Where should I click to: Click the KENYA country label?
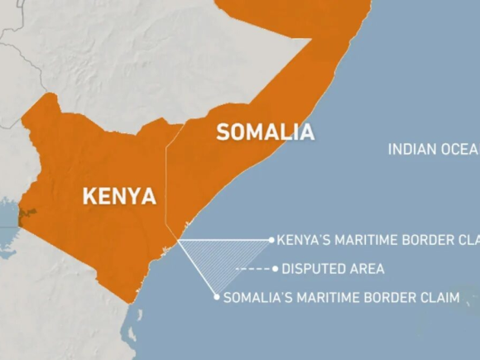click(x=119, y=196)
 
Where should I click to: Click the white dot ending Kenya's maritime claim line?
click(x=271, y=240)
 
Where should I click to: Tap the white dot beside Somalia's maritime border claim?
click(x=217, y=296)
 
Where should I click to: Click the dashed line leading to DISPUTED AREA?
click(x=253, y=269)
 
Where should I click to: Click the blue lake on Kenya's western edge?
click(x=9, y=217)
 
